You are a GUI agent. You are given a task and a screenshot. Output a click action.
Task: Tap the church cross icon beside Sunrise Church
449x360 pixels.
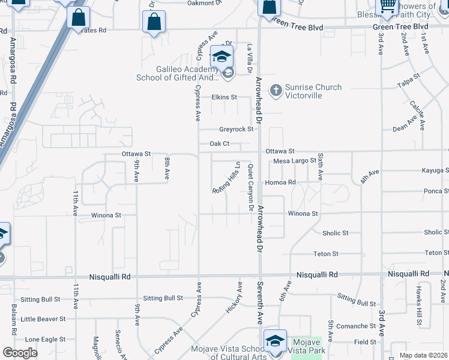click(276, 90)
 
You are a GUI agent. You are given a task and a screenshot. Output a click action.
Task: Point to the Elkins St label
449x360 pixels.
click(224, 97)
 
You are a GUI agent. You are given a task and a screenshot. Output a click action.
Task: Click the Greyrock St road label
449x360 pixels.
click(236, 129)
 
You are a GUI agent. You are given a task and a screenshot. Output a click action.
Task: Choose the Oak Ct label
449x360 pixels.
click(219, 143)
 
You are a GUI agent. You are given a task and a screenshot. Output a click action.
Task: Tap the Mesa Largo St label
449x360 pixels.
click(295, 161)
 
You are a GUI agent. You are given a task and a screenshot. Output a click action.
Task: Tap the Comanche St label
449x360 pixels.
click(356, 326)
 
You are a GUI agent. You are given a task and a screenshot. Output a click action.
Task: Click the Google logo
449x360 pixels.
click(20, 352)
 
